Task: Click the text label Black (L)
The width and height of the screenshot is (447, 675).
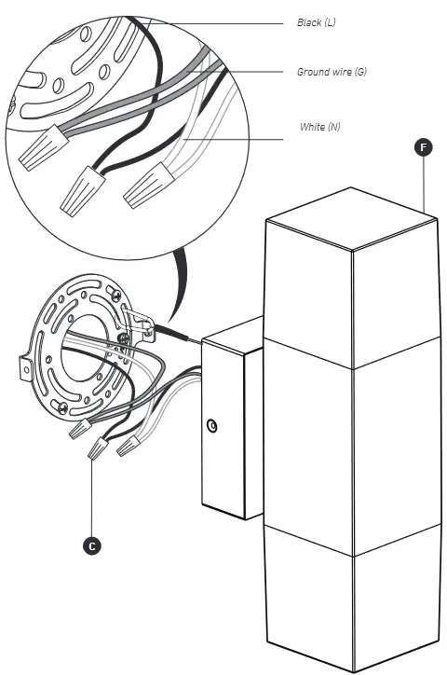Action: click(x=317, y=21)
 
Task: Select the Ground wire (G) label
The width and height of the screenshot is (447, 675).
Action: click(x=331, y=72)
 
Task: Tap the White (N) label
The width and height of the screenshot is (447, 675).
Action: click(x=319, y=126)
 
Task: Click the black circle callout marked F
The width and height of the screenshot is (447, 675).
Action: click(x=425, y=147)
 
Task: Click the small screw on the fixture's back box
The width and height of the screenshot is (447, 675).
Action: click(x=214, y=426)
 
